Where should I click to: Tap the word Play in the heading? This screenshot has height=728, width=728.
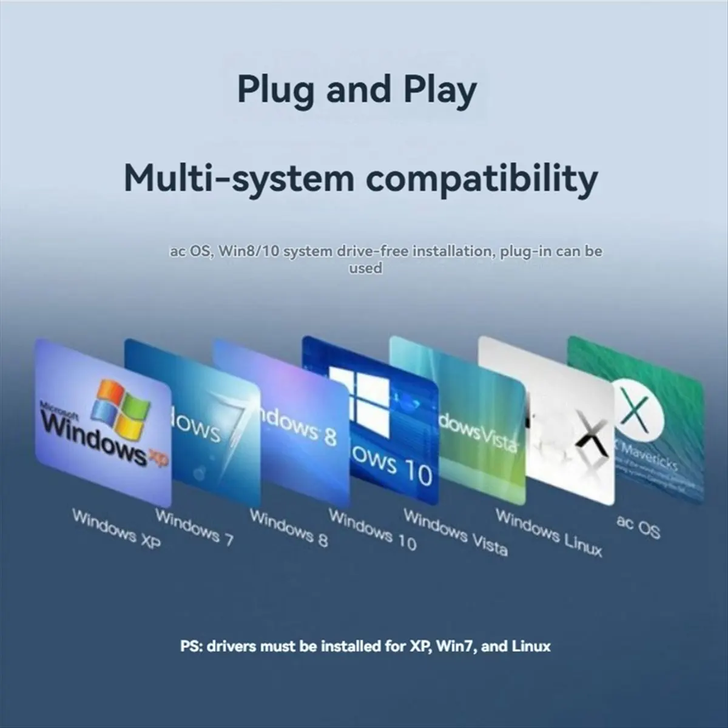440,91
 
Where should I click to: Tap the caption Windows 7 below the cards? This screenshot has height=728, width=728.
194,527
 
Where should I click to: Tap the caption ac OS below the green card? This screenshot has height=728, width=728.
638,526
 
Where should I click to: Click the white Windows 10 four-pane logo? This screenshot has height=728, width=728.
363,396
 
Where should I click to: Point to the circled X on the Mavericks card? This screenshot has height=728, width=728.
635,413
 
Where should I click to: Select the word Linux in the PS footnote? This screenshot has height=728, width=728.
531,646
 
